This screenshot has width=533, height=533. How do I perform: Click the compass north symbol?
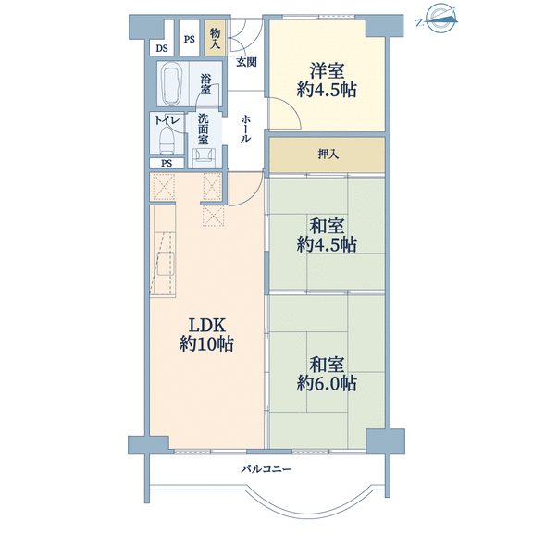coord(438,18)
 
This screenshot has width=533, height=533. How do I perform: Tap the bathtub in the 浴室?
coord(173,83)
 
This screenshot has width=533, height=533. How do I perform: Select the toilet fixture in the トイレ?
coord(167,140)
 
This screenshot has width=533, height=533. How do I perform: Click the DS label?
coord(162,48)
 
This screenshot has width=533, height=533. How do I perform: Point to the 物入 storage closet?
coord(215,38)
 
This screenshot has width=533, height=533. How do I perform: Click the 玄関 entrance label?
coord(246,62)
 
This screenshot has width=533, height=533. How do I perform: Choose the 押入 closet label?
coord(328,155)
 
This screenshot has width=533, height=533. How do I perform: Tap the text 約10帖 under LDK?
coord(206,344)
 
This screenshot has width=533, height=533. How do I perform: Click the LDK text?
coord(206,325)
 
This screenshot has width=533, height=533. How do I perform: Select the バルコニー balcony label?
coord(266,469)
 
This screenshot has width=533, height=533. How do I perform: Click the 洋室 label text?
coord(327,71)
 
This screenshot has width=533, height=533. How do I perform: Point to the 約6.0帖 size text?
coord(327,383)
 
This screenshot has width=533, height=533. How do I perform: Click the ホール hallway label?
coord(246,129)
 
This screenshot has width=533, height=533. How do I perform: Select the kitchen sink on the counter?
coord(167,264)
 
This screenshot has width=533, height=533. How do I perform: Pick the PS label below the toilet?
coord(167,164)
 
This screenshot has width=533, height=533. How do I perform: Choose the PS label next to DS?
coord(190,40)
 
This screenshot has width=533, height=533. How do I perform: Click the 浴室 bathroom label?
coord(205,84)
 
